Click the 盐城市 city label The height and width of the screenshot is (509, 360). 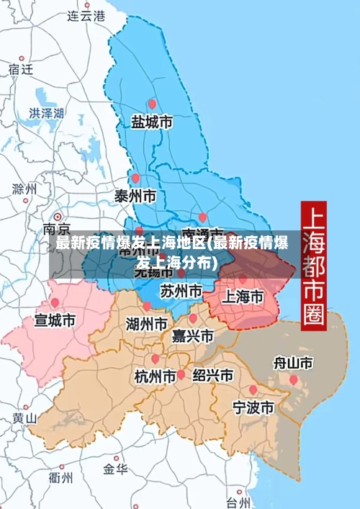[x=151, y=122]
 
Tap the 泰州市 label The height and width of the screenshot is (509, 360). [x=135, y=196]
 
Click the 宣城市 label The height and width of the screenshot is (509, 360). [x=55, y=320]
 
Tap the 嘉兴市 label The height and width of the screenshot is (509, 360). [x=192, y=336]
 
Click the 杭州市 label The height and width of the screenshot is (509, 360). [x=156, y=376]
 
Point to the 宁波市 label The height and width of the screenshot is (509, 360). [x=253, y=408]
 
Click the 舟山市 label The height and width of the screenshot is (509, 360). [x=293, y=363]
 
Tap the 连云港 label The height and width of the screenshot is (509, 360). [x=86, y=14]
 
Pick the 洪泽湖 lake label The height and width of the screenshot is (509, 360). [x=47, y=113]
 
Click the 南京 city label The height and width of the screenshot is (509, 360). [x=58, y=229]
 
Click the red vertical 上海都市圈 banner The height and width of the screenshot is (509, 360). [x=314, y=264]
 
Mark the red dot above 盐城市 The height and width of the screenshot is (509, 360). [x=151, y=104]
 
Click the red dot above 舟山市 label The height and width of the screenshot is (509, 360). [x=293, y=379]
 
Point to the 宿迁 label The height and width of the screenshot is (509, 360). [x=21, y=69]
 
